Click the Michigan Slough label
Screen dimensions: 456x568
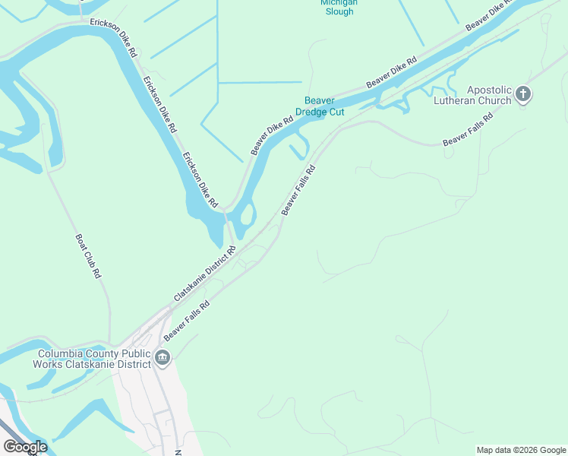339,7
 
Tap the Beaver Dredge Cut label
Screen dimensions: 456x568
325,106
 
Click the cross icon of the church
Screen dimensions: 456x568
522,94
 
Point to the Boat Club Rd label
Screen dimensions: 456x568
87,255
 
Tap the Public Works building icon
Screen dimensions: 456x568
162,357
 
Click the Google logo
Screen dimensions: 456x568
24,447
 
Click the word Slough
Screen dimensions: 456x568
339,11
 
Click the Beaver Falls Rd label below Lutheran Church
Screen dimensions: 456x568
468,130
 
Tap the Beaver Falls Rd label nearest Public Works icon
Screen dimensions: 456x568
187,319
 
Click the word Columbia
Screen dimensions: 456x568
63,353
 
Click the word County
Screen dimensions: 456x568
103,353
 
